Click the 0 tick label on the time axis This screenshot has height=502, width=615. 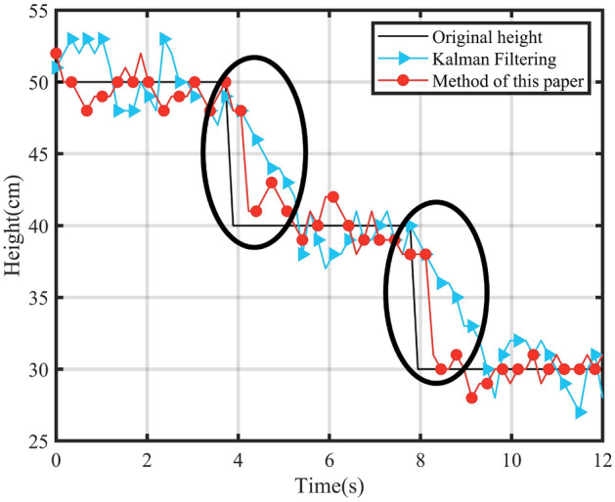56,460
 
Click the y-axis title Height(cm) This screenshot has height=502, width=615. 13,226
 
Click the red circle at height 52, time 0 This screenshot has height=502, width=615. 56,54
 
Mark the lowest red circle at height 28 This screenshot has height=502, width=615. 472,397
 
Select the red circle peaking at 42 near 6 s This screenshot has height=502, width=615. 333,196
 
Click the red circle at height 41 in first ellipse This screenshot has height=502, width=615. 256,211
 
